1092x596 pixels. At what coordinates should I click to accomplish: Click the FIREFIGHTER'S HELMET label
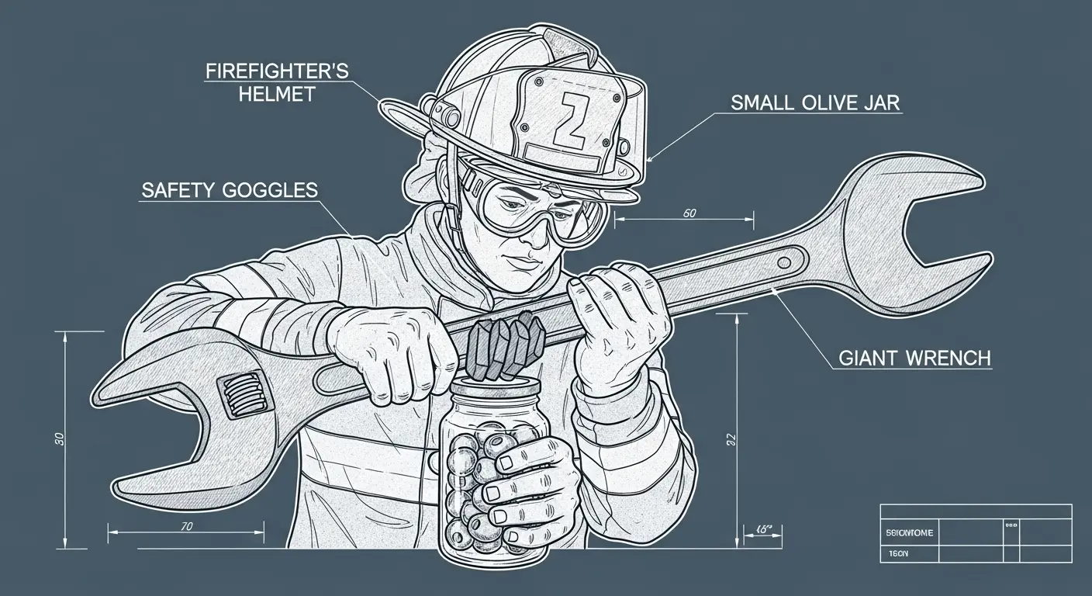tap(277, 82)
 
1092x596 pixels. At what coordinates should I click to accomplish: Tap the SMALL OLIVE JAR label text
tap(815, 102)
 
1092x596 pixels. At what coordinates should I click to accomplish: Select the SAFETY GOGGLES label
tap(229, 191)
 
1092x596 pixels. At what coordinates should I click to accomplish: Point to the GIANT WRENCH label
tap(915, 359)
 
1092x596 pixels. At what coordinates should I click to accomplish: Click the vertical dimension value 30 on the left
tap(60, 438)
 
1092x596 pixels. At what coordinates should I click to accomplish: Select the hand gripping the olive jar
tap(527, 481)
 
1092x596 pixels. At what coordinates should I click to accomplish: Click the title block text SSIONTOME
tap(909, 533)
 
